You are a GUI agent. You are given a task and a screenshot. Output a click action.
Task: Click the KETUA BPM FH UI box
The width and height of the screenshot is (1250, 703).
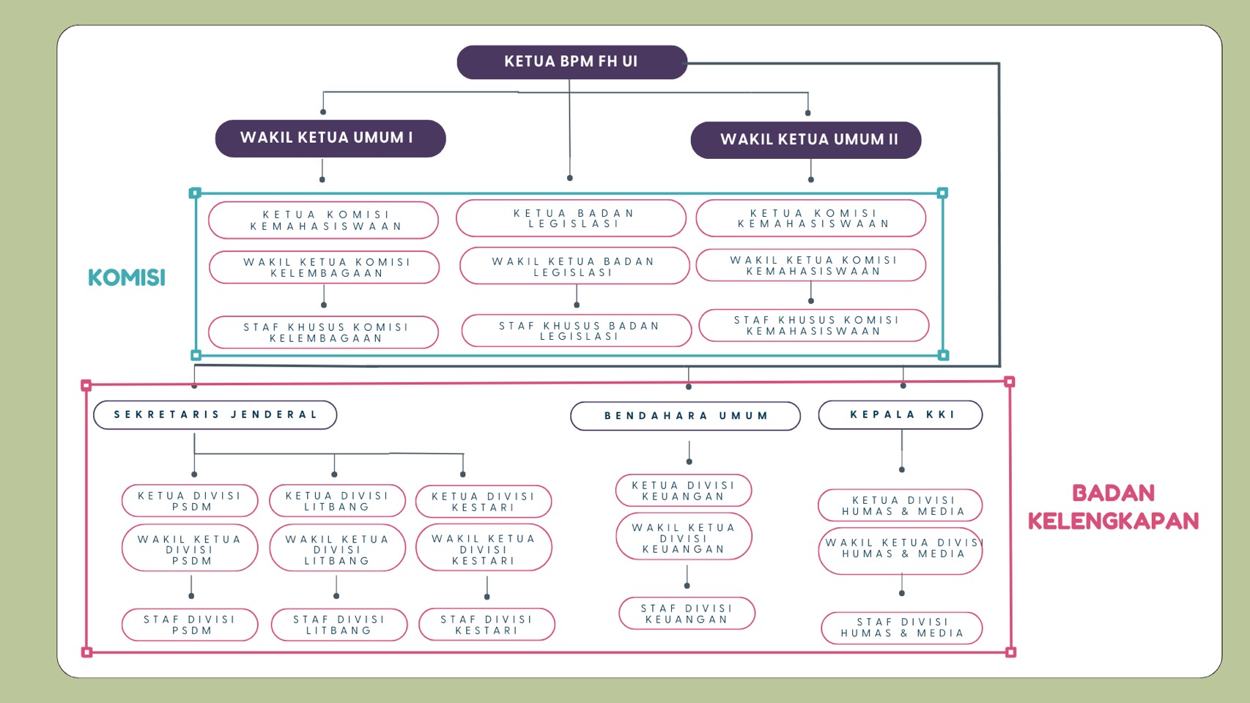(x=572, y=62)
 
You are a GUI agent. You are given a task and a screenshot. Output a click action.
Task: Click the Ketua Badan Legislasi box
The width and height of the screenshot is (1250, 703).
(x=571, y=218)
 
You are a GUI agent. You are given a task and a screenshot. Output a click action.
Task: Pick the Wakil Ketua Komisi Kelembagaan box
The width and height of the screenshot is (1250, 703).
(x=324, y=267)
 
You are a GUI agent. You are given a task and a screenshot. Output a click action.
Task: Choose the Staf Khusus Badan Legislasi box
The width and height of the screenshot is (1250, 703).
(x=577, y=331)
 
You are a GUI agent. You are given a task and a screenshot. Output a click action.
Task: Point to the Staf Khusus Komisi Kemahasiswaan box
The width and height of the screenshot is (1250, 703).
(x=813, y=326)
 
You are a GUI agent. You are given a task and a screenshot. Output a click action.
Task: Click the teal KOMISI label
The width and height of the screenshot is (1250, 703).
(x=127, y=278)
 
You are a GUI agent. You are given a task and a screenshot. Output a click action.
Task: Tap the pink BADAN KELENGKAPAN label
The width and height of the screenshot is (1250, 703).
(x=1113, y=507)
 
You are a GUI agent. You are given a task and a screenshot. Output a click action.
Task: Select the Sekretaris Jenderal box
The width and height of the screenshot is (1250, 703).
(x=215, y=414)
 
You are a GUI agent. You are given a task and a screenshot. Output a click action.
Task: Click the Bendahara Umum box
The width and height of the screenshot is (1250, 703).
(x=685, y=416)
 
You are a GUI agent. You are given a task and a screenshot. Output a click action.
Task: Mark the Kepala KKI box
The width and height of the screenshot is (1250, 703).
(x=900, y=414)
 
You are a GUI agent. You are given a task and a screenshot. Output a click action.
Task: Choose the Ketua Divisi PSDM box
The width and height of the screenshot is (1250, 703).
(x=190, y=501)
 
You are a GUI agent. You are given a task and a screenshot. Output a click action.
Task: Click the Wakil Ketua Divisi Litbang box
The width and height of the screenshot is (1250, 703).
(x=337, y=549)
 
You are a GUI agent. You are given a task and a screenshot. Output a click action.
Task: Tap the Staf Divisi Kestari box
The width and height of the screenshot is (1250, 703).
(x=487, y=625)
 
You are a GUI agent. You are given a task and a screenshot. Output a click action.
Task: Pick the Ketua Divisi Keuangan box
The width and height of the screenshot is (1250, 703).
(x=684, y=491)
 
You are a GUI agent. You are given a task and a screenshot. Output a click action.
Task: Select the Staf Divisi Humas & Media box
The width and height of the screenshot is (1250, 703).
(x=901, y=628)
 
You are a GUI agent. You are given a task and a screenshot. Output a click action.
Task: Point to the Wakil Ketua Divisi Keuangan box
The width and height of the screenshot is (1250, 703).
(x=684, y=538)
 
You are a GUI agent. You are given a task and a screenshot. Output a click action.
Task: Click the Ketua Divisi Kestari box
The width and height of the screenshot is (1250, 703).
(x=484, y=502)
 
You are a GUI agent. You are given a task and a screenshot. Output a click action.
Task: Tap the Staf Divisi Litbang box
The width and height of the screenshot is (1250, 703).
(x=339, y=625)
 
